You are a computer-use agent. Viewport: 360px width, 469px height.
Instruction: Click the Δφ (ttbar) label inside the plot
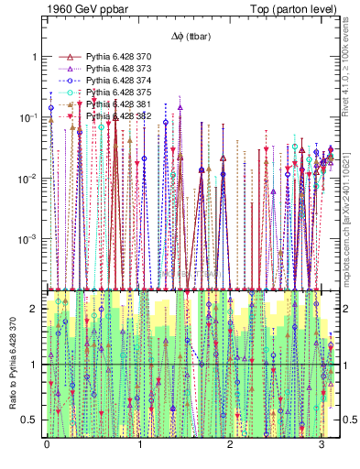pyautogui.click(x=191, y=37)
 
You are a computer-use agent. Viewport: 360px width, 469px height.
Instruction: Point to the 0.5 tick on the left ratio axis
pyautogui.click(x=32, y=420)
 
